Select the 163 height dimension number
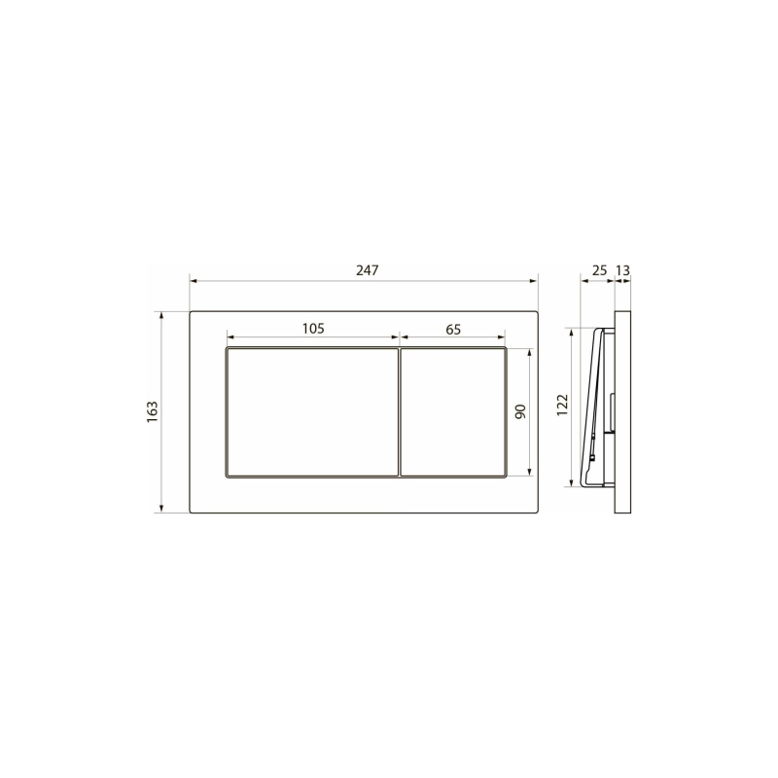tap(152, 412)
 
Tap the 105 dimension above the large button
tap(312, 329)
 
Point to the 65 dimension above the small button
tap(453, 329)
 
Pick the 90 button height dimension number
tap(519, 412)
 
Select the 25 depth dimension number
tap(598, 269)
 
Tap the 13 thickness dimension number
tap(623, 269)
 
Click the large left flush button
tap(312, 412)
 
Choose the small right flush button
tap(453, 412)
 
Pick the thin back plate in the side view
tap(624, 412)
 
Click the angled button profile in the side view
tap(592, 408)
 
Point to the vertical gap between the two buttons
tap(400, 412)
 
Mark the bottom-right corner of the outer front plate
tap(538, 513)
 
